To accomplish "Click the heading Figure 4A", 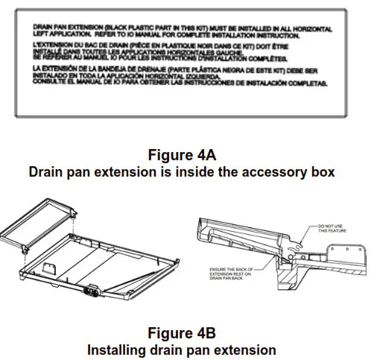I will tap(182, 156).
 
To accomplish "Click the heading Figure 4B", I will tap(182, 332).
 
